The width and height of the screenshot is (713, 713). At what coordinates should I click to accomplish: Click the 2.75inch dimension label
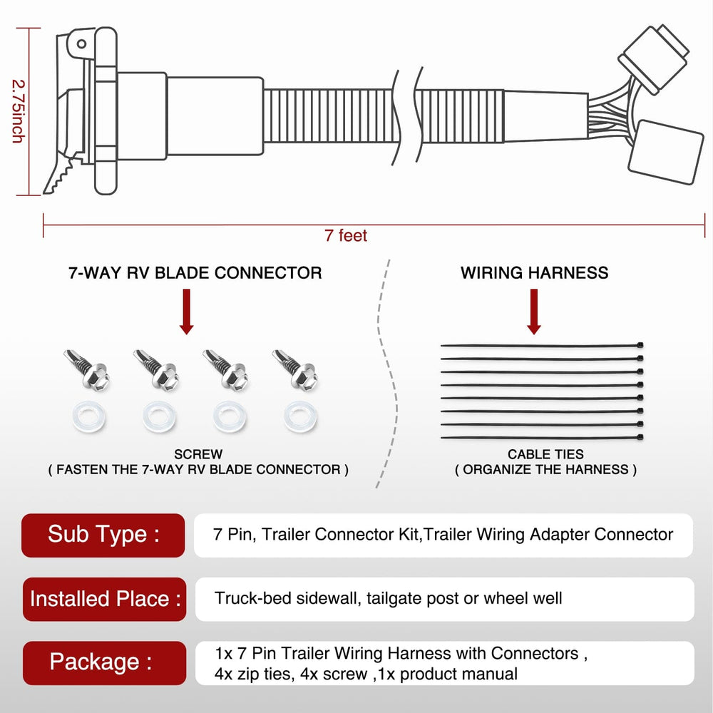16,111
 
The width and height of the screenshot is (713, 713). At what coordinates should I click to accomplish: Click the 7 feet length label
346,236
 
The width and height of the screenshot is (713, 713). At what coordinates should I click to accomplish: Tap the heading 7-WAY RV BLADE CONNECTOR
195,273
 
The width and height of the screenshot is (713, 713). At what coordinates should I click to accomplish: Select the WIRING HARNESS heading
534,273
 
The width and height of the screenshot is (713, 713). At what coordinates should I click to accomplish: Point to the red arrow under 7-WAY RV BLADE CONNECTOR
187,311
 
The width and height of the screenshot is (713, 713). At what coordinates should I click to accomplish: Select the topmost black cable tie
542,346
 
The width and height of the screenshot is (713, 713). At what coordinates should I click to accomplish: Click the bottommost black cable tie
542,436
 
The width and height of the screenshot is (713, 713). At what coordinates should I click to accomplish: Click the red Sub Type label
104,534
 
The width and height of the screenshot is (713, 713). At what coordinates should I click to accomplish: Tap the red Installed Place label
104,598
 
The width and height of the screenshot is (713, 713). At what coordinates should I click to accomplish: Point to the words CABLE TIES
545,454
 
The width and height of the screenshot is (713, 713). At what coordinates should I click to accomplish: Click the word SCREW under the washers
198,454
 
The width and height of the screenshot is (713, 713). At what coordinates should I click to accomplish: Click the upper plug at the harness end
653,57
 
